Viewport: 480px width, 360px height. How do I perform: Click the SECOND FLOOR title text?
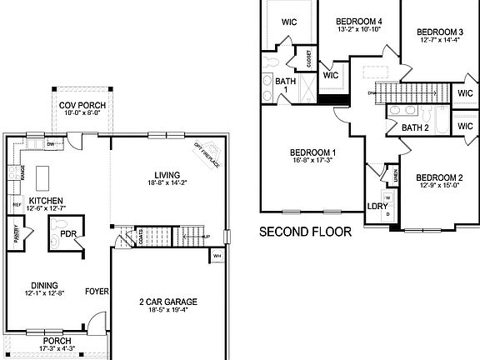[304, 231]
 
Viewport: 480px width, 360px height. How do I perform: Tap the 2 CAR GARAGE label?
[169, 302]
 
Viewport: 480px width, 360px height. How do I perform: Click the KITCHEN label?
[42, 202]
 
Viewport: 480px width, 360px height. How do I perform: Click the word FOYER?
[97, 292]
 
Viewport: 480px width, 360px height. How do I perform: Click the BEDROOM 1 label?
[312, 152]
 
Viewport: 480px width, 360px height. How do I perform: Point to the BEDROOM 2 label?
[438, 177]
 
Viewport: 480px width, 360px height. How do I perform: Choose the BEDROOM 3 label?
[442, 32]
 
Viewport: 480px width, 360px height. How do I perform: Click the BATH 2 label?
[414, 127]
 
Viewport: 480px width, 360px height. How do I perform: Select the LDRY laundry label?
[377, 206]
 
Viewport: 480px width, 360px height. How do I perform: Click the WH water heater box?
[217, 256]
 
